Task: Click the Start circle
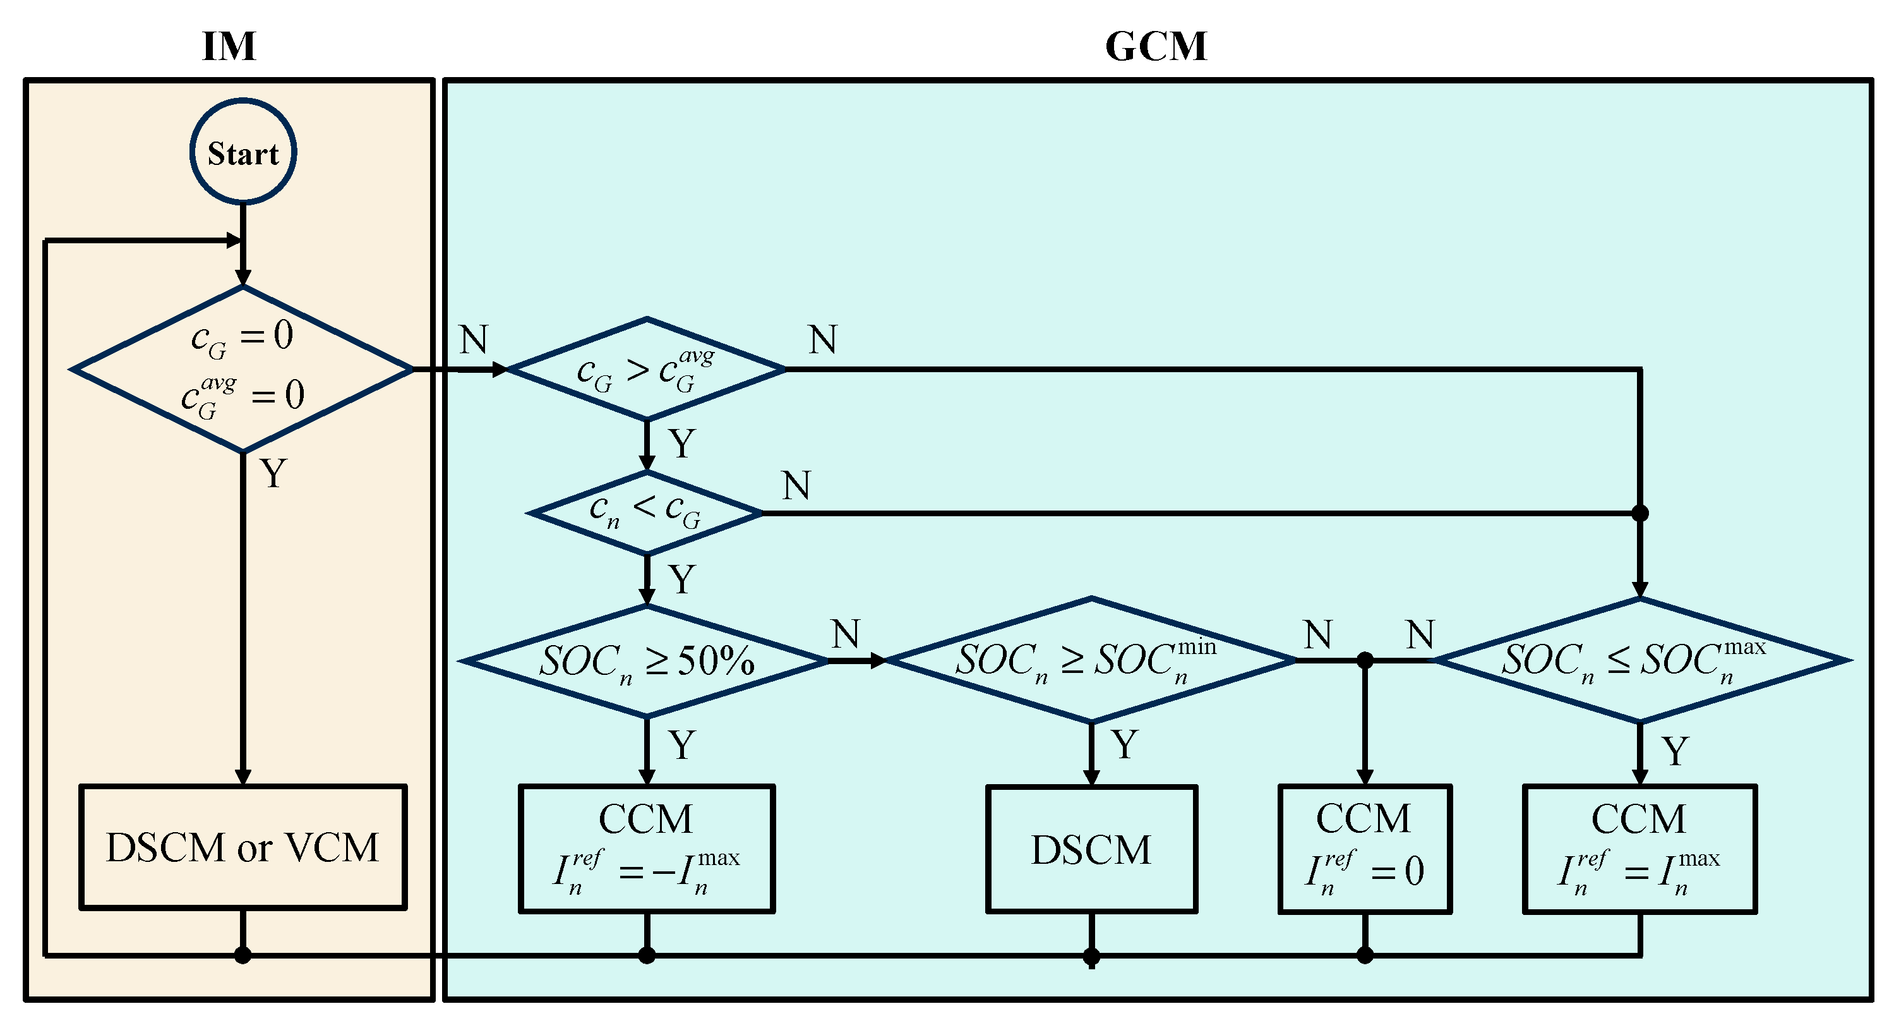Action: tap(243, 152)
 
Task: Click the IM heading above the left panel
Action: tap(229, 46)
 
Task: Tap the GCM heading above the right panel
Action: tap(1156, 46)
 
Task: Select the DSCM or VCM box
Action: tap(243, 847)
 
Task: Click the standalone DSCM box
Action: tap(1091, 849)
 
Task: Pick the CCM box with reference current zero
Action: tap(1365, 849)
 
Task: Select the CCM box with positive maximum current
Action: tap(1639, 849)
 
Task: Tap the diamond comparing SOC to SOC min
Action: tap(1091, 660)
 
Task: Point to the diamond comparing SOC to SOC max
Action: tap(1639, 660)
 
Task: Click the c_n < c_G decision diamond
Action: tap(645, 512)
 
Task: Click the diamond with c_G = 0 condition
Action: tap(243, 369)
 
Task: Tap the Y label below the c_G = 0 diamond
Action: tap(273, 474)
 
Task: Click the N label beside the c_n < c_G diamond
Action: tap(796, 486)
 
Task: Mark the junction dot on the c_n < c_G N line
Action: tap(1639, 512)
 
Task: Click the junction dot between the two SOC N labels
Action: tap(1365, 660)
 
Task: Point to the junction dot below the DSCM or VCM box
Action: tap(243, 955)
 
